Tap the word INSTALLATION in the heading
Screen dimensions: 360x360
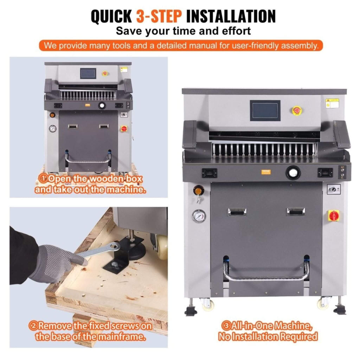coord(231,16)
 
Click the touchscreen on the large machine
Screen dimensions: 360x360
coord(265,110)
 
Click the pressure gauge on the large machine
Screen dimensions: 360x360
coord(199,216)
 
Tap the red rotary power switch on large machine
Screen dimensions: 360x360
coord(333,215)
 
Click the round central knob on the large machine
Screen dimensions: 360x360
coord(292,172)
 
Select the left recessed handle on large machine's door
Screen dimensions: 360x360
coord(237,212)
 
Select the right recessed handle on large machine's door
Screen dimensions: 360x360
coord(296,211)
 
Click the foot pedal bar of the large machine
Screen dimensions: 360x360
coord(266,278)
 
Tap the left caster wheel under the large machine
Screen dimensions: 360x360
coord(207,304)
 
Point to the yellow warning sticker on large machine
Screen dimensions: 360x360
coord(332,103)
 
